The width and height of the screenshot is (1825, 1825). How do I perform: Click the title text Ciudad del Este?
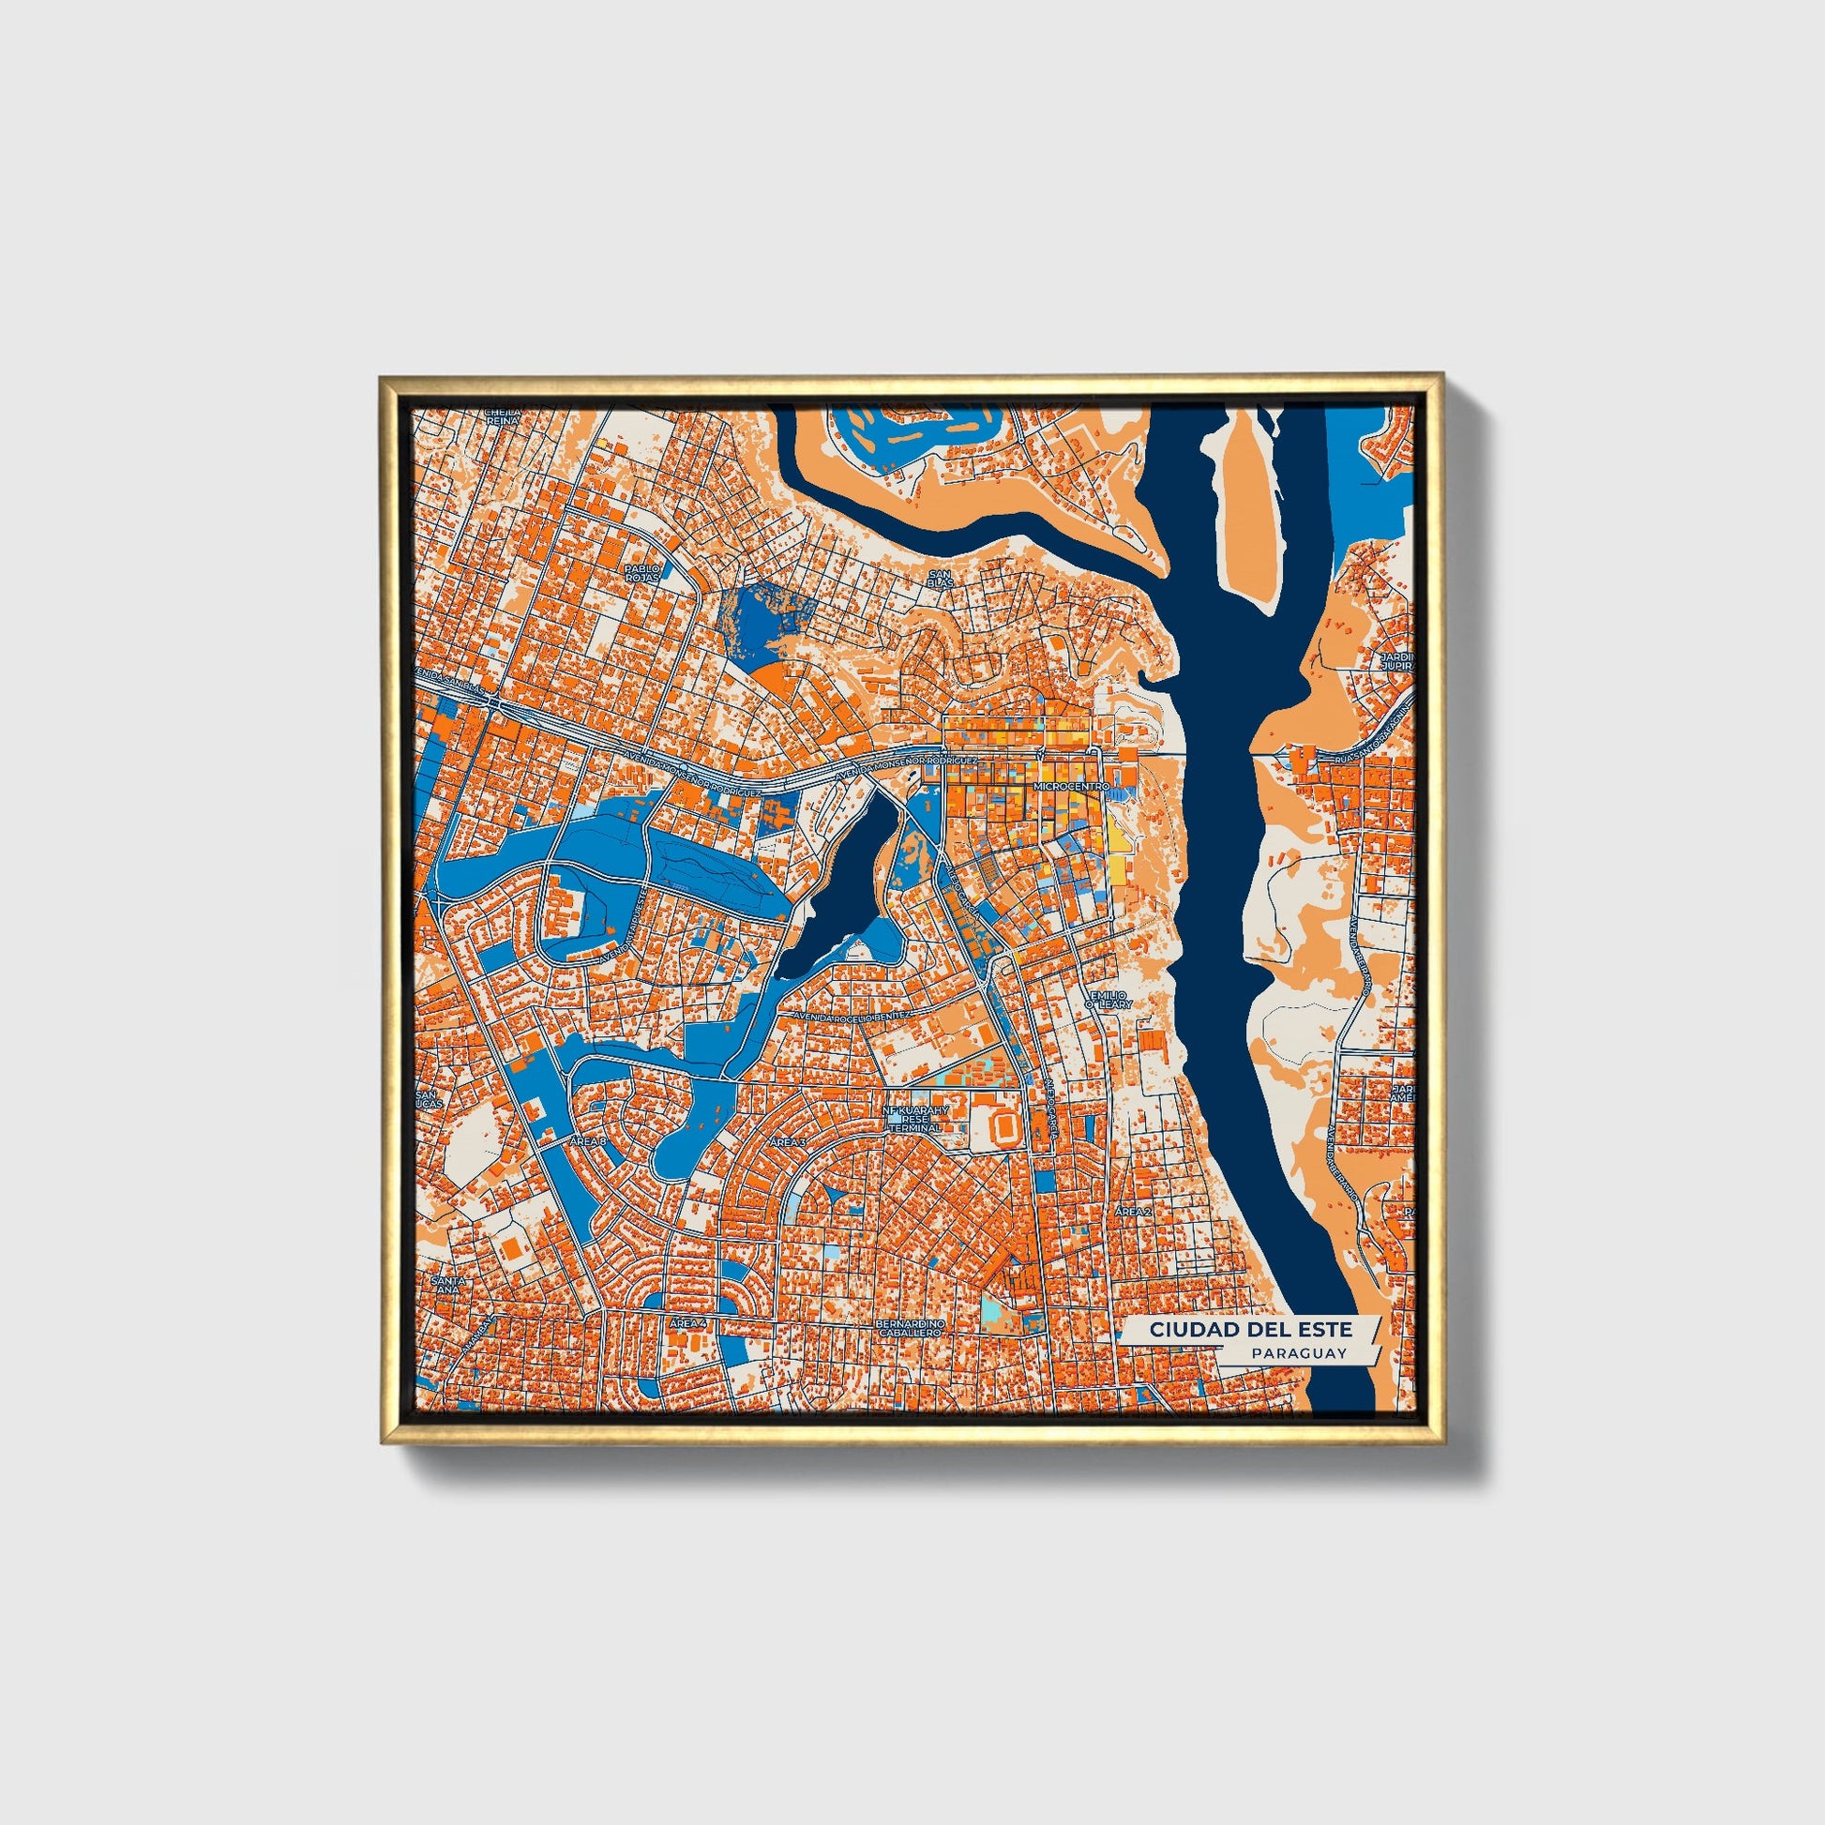(1250, 1329)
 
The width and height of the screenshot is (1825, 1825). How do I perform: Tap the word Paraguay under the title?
(1298, 1353)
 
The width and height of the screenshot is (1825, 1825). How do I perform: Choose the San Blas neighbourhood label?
(940, 578)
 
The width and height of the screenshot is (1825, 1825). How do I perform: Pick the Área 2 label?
(1133, 1211)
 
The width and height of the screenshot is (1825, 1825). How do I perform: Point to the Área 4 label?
(687, 1324)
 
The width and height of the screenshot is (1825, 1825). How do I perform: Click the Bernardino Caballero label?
(911, 1329)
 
